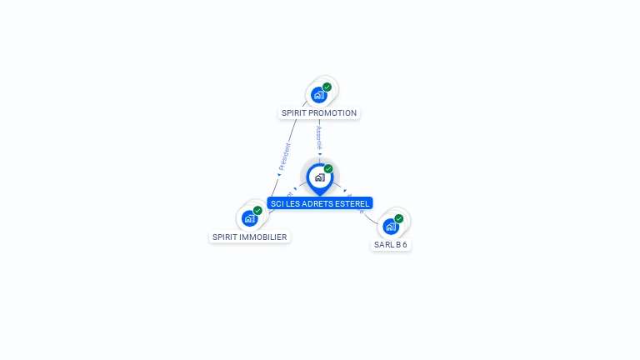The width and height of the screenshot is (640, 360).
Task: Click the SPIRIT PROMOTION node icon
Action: click(318, 95)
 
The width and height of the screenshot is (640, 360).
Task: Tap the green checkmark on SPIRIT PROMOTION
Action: click(327, 87)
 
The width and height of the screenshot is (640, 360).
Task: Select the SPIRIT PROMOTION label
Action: click(319, 113)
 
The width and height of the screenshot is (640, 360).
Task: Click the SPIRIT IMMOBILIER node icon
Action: click(249, 218)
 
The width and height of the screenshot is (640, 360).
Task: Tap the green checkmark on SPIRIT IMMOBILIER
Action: click(257, 211)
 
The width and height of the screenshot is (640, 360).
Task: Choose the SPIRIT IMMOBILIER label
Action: click(250, 237)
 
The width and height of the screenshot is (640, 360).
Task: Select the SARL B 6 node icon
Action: click(390, 226)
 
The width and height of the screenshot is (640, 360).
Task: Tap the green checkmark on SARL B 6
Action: click(398, 218)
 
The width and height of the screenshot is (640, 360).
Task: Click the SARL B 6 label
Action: click(391, 245)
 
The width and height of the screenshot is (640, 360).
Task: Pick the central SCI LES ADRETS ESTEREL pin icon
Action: click(319, 177)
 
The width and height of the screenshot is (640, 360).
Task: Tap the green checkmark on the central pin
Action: click(328, 169)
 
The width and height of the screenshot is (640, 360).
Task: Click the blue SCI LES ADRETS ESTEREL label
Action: click(320, 203)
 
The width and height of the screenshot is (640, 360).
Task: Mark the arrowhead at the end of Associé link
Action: click(320, 153)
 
